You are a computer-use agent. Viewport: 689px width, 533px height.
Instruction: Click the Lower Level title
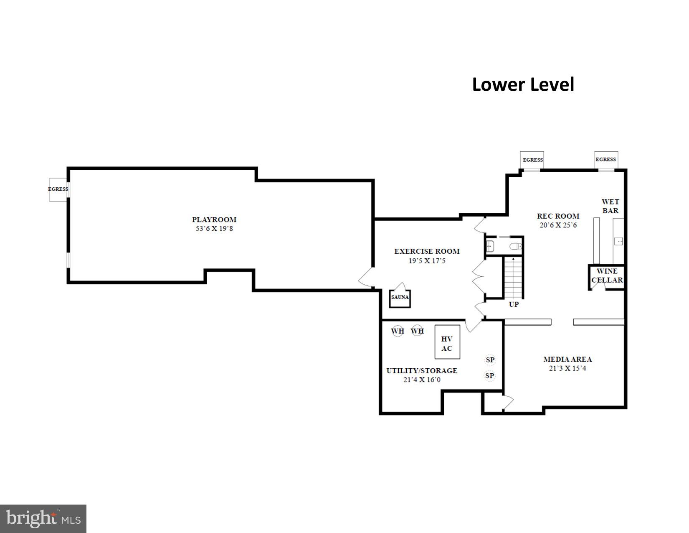(x=523, y=85)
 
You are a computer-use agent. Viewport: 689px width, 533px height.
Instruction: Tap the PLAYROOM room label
(x=214, y=219)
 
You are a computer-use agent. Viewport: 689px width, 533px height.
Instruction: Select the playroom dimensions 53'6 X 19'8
(x=214, y=229)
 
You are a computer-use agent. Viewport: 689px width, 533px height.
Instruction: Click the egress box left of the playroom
(x=58, y=189)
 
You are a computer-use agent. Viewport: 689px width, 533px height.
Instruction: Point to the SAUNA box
(x=400, y=298)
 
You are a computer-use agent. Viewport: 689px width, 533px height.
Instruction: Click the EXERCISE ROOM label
(x=427, y=251)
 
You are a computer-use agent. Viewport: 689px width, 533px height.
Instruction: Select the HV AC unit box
(x=447, y=342)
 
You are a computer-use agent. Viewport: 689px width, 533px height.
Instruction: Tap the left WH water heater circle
(x=398, y=331)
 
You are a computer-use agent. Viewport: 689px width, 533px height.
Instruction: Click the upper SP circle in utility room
(x=490, y=360)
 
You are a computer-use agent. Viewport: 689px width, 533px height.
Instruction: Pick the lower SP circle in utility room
(x=490, y=376)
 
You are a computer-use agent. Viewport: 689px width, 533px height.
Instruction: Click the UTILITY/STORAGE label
(x=422, y=371)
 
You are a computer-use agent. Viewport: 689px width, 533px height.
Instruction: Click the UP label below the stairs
(x=514, y=304)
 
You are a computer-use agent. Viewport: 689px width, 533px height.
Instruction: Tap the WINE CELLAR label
(x=607, y=276)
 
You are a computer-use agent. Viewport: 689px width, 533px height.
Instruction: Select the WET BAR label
(x=610, y=206)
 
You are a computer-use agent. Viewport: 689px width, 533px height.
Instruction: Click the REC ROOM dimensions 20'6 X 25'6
(x=558, y=225)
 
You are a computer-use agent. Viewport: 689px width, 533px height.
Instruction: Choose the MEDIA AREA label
(x=567, y=359)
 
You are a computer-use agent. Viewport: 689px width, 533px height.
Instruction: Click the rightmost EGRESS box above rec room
(x=606, y=160)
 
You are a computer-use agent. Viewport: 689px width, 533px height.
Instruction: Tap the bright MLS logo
(x=43, y=519)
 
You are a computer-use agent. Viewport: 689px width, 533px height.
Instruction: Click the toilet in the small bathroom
(x=517, y=246)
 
